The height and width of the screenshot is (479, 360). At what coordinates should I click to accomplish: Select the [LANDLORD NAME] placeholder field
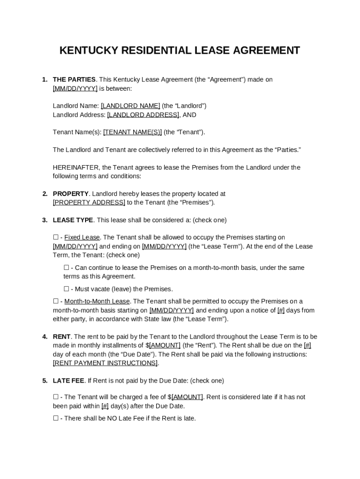(x=130, y=106)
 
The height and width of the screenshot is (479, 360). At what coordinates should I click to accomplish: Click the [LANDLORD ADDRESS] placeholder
(x=143, y=115)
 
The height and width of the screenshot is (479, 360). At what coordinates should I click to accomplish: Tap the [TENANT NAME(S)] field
(x=132, y=132)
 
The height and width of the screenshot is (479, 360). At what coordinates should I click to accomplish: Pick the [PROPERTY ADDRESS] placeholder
(x=89, y=203)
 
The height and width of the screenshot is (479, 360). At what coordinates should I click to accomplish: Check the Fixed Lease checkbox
(x=56, y=238)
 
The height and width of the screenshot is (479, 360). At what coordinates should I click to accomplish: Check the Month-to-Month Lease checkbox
(x=56, y=301)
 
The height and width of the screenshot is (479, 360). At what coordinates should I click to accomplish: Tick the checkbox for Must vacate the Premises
(x=66, y=289)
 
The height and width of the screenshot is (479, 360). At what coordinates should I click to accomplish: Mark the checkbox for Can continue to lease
(x=66, y=268)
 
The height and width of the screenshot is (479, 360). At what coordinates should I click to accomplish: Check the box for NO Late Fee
(x=56, y=418)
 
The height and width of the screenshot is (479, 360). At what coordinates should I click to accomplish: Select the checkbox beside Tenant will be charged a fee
(x=56, y=397)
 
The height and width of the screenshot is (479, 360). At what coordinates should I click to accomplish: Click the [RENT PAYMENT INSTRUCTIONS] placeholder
(x=105, y=363)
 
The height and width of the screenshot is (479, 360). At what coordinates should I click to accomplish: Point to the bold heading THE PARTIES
(x=74, y=80)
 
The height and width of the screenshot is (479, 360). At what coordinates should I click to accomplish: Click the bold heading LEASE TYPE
(x=73, y=220)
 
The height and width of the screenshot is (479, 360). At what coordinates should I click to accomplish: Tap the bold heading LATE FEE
(x=68, y=381)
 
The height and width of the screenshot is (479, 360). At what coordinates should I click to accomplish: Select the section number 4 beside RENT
(x=44, y=337)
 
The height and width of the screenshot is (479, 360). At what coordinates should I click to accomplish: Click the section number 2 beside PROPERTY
(x=44, y=194)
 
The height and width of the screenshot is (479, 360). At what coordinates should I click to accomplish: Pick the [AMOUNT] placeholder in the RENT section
(x=165, y=345)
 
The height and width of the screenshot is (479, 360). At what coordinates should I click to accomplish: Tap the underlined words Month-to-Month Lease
(x=97, y=301)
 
